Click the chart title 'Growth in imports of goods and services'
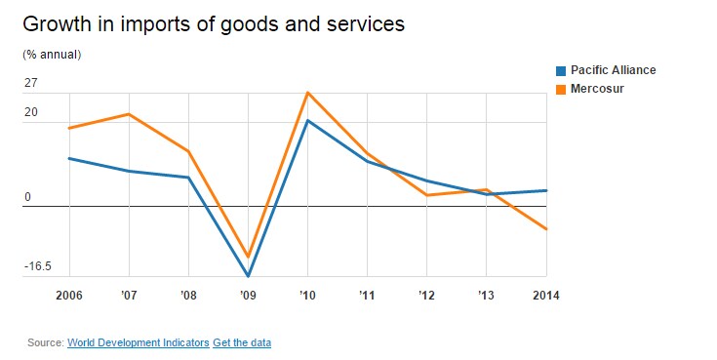coord(214,24)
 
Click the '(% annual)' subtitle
coord(52,55)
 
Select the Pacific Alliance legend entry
coord(606,70)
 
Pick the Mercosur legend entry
coord(590,88)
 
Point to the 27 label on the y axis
coord(30,83)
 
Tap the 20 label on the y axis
coord(30,112)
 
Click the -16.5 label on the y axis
coord(37,266)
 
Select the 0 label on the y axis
coord(28,197)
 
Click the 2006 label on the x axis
coord(69,296)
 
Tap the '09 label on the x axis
coord(248,296)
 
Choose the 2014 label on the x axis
coord(546,296)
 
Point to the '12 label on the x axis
coord(426,296)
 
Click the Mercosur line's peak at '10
coord(307,93)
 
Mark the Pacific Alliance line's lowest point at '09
coord(249,276)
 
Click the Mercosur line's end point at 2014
coord(546,228)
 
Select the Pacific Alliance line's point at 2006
coord(69,158)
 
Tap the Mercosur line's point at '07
coord(129,114)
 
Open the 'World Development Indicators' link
coord(139,342)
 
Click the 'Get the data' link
coord(242,342)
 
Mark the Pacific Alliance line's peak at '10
coord(307,120)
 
